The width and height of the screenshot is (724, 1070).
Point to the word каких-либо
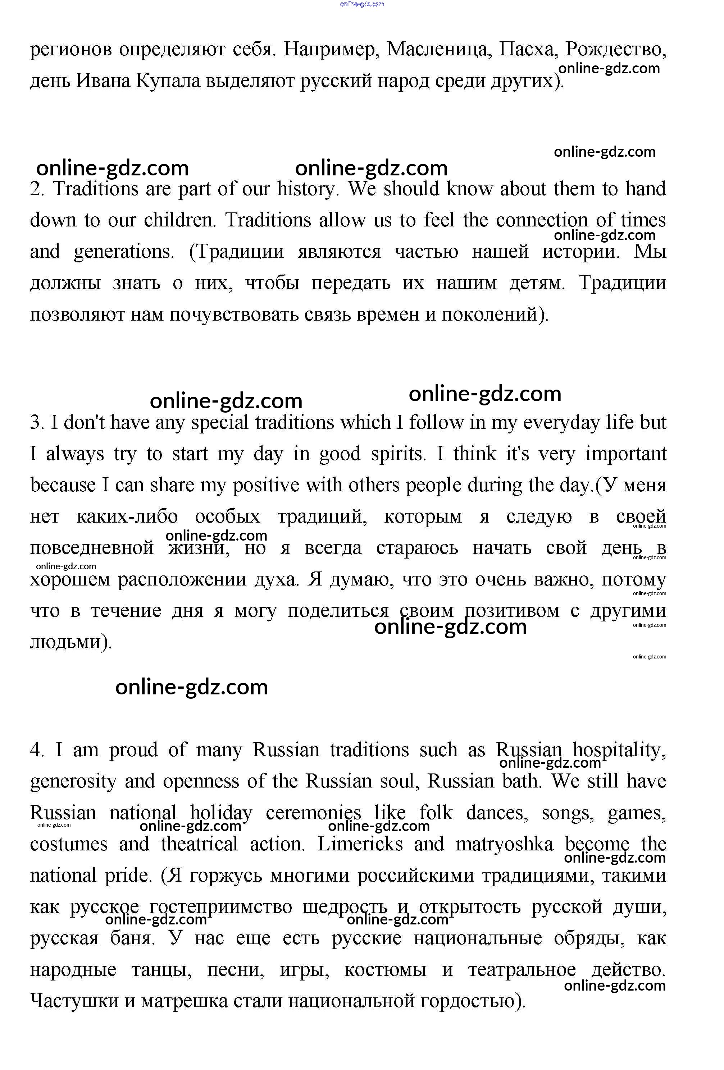pos(127,516)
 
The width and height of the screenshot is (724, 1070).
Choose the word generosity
pos(73,782)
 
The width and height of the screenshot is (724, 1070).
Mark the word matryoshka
pos(505,844)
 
